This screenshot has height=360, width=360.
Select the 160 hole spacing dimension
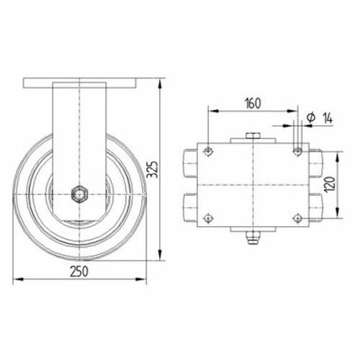click(x=251, y=102)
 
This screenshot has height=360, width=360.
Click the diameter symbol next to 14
click(x=309, y=117)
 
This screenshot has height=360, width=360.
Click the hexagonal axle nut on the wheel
click(x=78, y=192)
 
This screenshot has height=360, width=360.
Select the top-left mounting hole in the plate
click(x=209, y=152)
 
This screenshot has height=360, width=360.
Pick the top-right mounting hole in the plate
click(x=297, y=152)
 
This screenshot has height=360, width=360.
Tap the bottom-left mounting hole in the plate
click(x=209, y=218)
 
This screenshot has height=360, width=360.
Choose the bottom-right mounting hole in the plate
click(x=297, y=218)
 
